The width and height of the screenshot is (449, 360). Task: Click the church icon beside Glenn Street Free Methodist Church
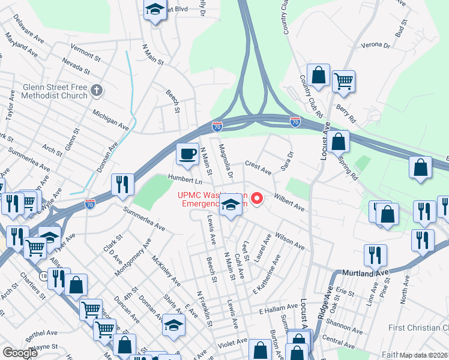tap(98, 91)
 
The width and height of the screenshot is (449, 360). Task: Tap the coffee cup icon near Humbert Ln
tap(187, 153)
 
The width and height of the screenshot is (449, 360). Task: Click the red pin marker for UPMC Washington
tap(258, 198)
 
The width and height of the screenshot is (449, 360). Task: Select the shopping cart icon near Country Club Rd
tap(343, 80)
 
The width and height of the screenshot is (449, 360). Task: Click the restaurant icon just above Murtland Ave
tap(375, 256)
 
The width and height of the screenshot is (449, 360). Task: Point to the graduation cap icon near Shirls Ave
tap(173, 325)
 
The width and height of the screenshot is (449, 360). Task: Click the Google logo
tap(20, 353)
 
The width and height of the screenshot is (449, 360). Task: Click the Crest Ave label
tap(258, 167)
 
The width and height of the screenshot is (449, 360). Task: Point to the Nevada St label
tap(74, 66)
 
